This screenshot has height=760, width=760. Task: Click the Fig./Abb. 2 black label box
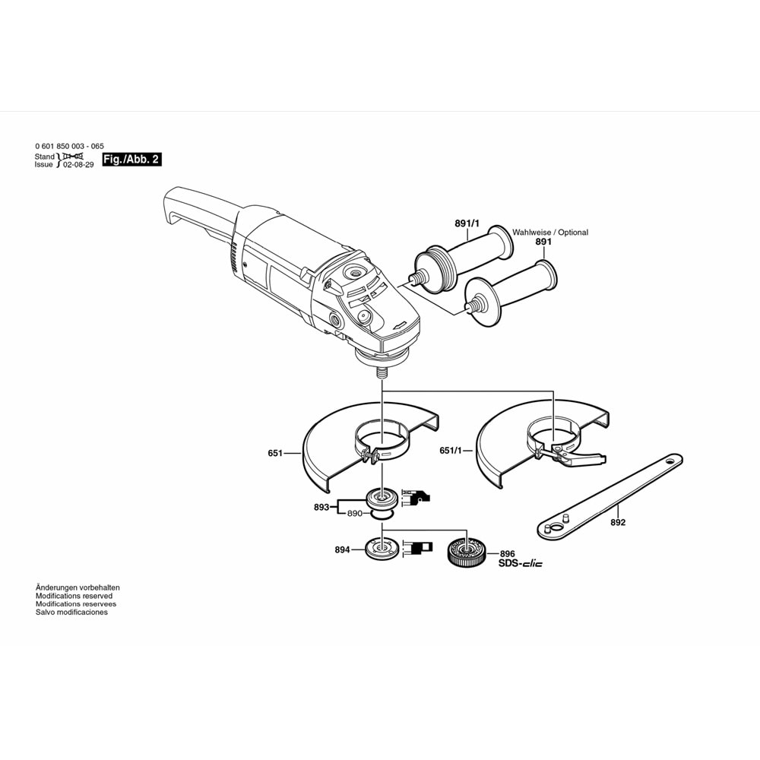tap(131, 160)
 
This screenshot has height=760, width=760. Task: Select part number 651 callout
tap(275, 454)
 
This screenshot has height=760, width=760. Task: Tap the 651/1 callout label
tap(451, 451)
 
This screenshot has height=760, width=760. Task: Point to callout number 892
tap(618, 523)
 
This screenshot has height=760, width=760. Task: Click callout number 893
tap(321, 507)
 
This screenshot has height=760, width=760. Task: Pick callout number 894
tap(342, 549)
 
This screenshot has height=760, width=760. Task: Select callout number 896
tap(507, 554)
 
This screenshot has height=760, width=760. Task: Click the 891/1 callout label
tap(467, 223)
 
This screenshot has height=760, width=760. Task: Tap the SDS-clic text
tap(521, 565)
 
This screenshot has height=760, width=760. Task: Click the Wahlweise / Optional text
tap(550, 233)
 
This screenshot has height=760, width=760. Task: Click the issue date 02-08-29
tap(78, 164)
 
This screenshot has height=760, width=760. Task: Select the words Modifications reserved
tap(74, 596)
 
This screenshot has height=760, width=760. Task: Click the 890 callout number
tap(355, 515)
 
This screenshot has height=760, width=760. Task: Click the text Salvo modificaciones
tap(71, 613)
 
